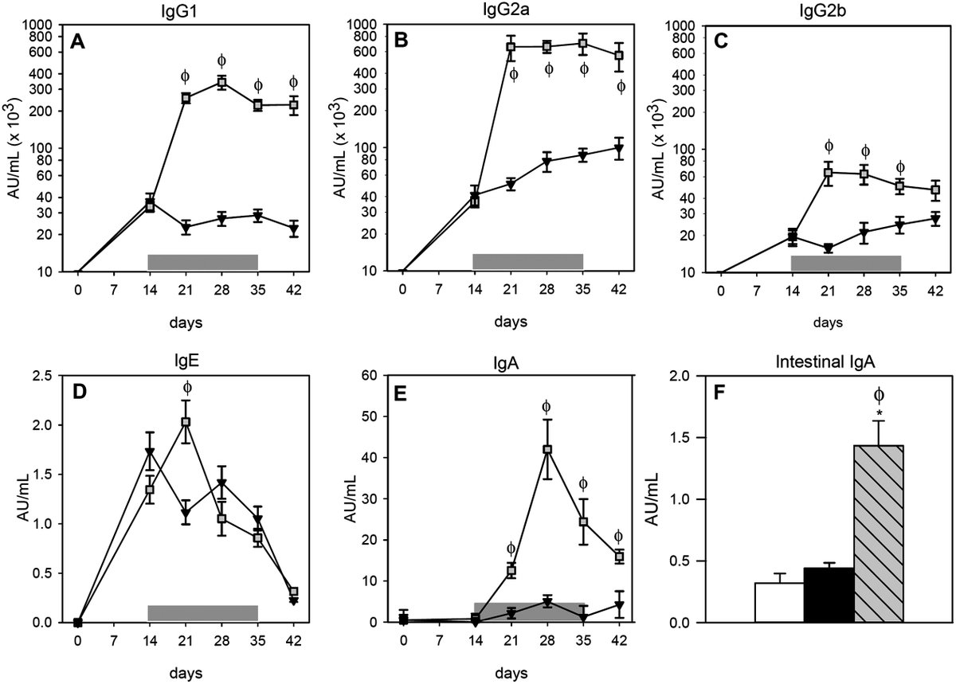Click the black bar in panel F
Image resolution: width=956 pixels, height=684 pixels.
click(x=829, y=595)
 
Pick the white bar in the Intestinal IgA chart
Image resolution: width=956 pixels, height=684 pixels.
click(x=779, y=603)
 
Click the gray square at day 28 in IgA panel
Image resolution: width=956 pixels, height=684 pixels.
click(x=547, y=449)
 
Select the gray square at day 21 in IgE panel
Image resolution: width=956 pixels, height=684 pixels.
click(x=186, y=421)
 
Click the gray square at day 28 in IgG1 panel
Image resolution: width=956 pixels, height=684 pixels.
click(x=221, y=82)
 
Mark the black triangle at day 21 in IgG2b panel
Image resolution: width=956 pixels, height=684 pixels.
click(x=829, y=248)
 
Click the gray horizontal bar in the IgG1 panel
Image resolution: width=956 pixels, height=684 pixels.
click(x=202, y=262)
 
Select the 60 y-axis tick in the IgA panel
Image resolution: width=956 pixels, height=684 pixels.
click(x=370, y=376)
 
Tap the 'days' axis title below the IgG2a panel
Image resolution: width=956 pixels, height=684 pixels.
click(x=511, y=322)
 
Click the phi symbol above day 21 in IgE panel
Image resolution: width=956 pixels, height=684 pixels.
click(x=187, y=388)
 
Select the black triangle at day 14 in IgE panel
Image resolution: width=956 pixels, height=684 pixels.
click(x=150, y=451)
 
